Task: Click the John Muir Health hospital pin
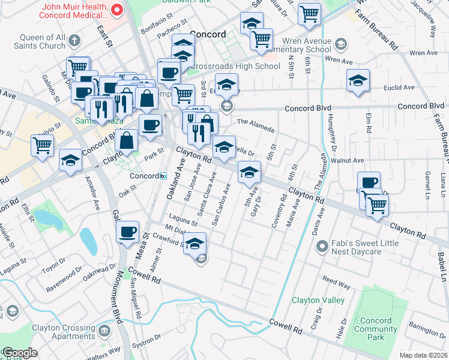point(118,10)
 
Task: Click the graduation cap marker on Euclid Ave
point(357,81)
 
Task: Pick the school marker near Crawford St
point(194,244)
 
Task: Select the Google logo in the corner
point(19,353)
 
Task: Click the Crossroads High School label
point(245,66)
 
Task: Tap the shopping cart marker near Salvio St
point(42,145)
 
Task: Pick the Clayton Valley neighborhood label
point(318,300)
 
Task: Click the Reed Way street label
point(336,280)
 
